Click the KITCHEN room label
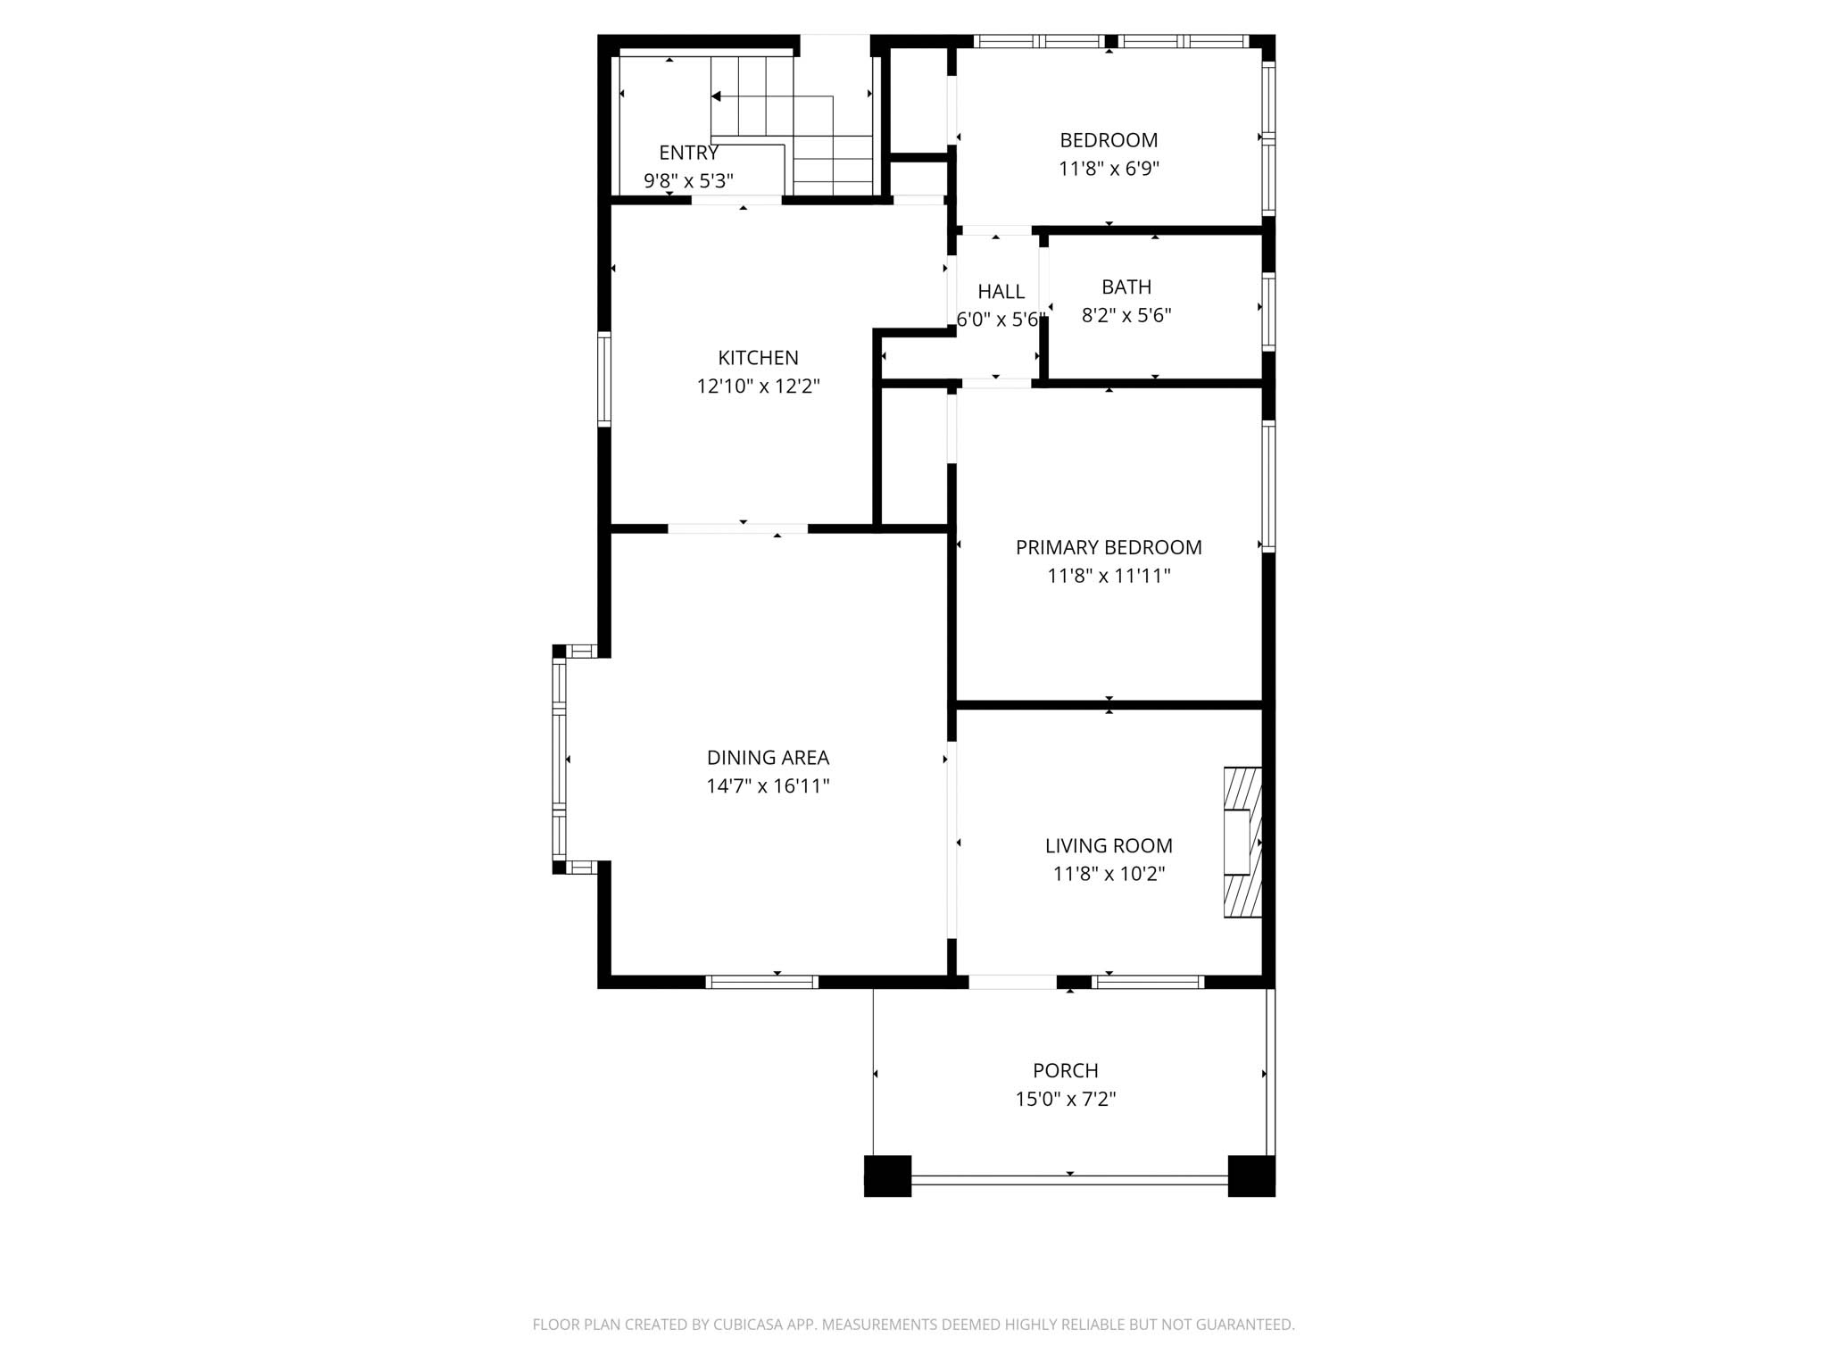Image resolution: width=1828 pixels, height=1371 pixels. [758, 358]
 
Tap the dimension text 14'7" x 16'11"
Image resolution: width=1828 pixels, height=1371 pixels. [768, 786]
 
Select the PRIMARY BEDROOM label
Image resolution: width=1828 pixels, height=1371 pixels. [1109, 547]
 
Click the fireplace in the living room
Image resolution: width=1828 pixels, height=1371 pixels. [1242, 842]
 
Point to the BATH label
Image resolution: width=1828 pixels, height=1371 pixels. [1126, 287]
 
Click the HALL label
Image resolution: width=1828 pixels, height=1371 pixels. [1001, 292]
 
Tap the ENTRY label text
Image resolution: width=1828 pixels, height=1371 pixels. [688, 153]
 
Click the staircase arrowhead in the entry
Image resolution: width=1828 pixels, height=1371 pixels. [716, 96]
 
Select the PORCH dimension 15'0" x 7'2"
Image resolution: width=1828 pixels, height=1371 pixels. [1065, 1099]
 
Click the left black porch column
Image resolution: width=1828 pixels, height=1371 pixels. [887, 1176]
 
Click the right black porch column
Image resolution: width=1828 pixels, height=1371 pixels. [1251, 1176]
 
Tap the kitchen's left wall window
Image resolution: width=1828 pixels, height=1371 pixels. [604, 378]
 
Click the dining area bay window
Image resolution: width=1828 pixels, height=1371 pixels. [560, 759]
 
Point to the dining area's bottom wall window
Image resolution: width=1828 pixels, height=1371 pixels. [761, 982]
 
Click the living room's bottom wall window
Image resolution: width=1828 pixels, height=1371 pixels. [1148, 982]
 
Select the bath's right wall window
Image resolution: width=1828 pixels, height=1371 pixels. [1268, 311]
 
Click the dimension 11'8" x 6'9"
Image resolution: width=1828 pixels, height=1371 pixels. [1109, 169]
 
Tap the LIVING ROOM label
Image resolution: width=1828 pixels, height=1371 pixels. [1109, 845]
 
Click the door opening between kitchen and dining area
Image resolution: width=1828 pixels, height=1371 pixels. [738, 528]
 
